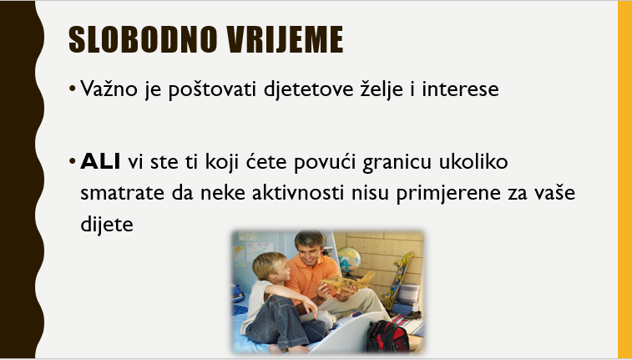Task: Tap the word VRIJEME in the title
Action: [285, 39]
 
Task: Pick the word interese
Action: [460, 89]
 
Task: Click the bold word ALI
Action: [100, 162]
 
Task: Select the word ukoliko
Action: [473, 161]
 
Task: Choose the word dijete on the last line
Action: [107, 224]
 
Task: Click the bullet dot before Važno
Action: [72, 89]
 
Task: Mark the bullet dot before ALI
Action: [72, 162]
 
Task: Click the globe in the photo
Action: [349, 261]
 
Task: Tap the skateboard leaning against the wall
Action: [397, 280]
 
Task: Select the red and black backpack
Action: [387, 337]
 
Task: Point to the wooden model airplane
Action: [348, 282]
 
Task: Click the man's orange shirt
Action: [311, 279]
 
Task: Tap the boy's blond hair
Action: [269, 264]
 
